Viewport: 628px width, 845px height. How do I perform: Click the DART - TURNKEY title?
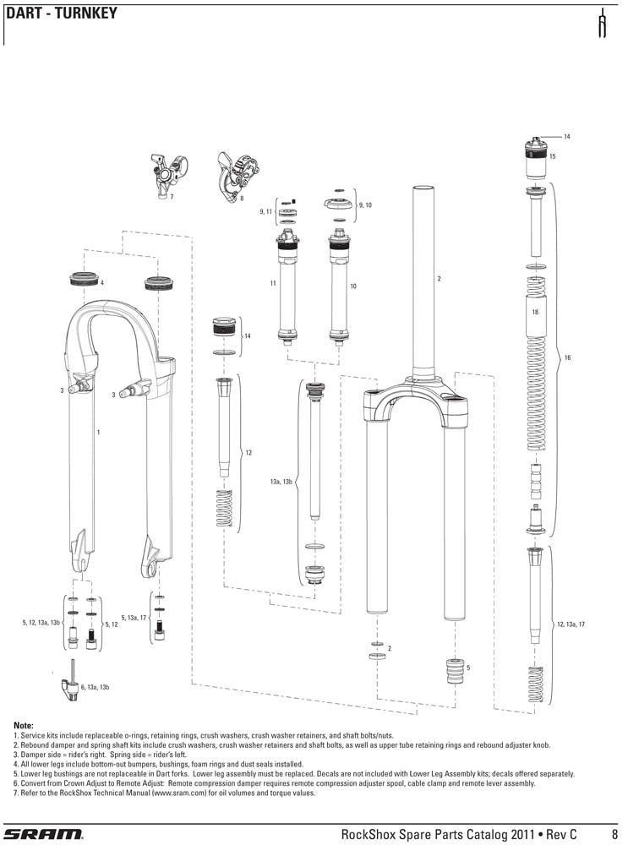tap(61, 14)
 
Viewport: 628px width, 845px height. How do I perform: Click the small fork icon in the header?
tap(603, 26)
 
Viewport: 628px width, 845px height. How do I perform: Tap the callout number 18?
tap(535, 312)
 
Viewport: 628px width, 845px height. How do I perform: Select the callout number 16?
tap(568, 357)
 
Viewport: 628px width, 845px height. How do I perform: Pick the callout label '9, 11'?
tap(265, 211)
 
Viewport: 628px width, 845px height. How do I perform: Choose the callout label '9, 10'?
tap(365, 205)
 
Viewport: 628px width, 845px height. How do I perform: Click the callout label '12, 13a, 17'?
tap(571, 624)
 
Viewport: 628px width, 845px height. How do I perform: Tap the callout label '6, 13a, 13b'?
tap(96, 687)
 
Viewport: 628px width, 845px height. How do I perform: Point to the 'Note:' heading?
tap(24, 725)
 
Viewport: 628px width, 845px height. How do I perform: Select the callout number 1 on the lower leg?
tap(99, 432)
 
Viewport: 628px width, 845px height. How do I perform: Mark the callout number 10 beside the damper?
tap(353, 286)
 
